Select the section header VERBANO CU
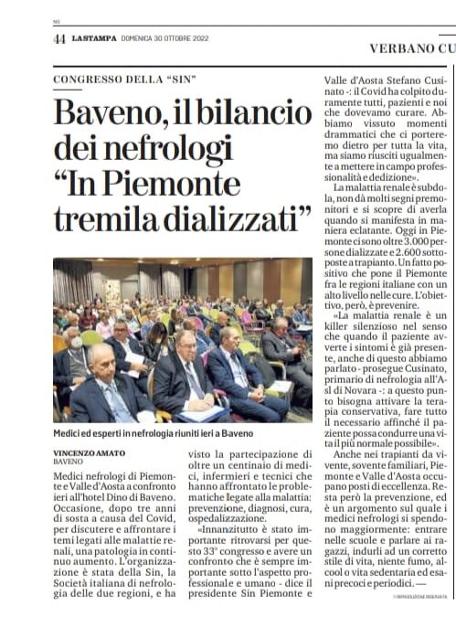(x=412, y=47)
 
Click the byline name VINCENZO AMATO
(x=89, y=452)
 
